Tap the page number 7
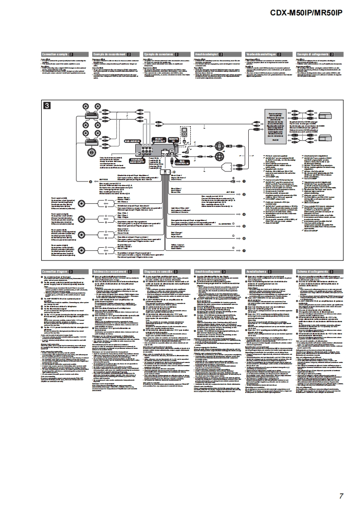click(340, 495)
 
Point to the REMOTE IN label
click(173, 140)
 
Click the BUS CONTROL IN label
click(182, 162)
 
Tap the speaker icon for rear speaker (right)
click(81, 249)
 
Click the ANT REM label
click(231, 192)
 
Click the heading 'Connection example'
click(55, 54)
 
